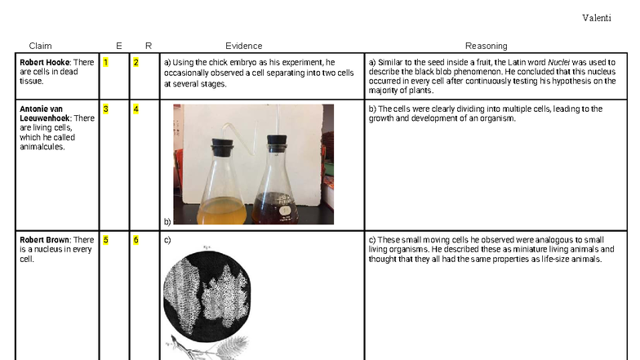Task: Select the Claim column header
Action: [40, 46]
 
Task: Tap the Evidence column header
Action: [243, 46]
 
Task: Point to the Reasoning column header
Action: [486, 46]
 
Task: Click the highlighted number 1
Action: [104, 62]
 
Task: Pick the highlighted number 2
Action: [136, 62]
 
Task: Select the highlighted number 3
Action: [104, 109]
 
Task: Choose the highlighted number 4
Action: [136, 109]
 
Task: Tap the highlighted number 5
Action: [104, 240]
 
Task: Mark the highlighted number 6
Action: [136, 240]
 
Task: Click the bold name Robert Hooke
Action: [45, 62]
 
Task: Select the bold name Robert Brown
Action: [45, 240]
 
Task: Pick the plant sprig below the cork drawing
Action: [204, 349]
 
